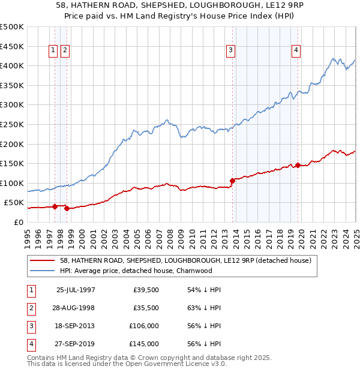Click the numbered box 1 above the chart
(54, 51)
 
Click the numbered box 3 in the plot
(231, 51)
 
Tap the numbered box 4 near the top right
(296, 51)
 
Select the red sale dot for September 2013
(232, 180)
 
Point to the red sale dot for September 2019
(298, 165)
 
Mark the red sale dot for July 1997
(55, 206)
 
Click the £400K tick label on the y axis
(13, 65)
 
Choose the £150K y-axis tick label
(13, 163)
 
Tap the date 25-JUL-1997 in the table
(76, 290)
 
